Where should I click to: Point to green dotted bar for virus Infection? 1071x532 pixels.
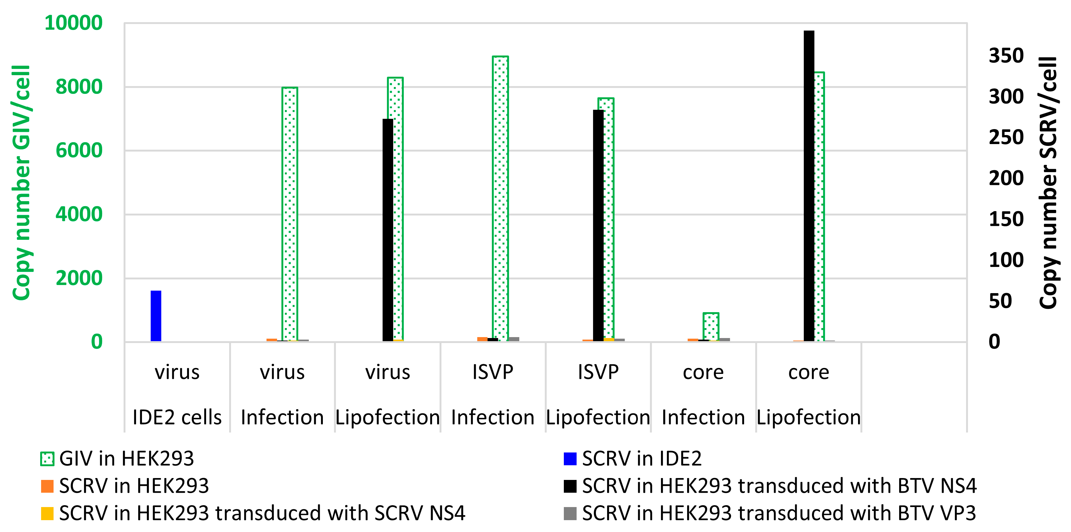pyautogui.click(x=290, y=214)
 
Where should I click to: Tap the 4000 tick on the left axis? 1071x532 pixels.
pyautogui.click(x=79, y=214)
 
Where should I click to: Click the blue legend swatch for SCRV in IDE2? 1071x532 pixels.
pyautogui.click(x=570, y=459)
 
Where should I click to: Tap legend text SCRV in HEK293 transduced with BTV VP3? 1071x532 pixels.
pyautogui.click(x=779, y=513)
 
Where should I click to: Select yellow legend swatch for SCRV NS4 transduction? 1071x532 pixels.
pyautogui.click(x=47, y=513)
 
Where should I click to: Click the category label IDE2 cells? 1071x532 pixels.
pyautogui.click(x=177, y=417)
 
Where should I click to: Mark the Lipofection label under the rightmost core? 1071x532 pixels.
pyautogui.click(x=808, y=417)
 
